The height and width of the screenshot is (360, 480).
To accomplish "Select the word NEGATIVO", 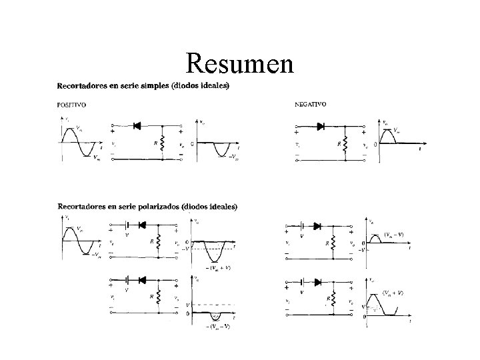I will tap(310, 103).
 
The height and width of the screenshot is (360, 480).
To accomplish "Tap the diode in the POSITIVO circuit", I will tap(138, 125).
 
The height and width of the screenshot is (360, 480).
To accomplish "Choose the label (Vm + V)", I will tap(395, 293).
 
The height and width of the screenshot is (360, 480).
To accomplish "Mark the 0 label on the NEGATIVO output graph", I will tap(375, 144).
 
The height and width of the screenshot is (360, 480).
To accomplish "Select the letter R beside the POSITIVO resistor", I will tap(155, 143).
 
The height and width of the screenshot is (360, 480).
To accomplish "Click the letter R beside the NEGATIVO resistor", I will tap(339, 143).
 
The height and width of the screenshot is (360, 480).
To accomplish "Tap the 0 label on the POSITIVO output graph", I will tap(193, 143).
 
